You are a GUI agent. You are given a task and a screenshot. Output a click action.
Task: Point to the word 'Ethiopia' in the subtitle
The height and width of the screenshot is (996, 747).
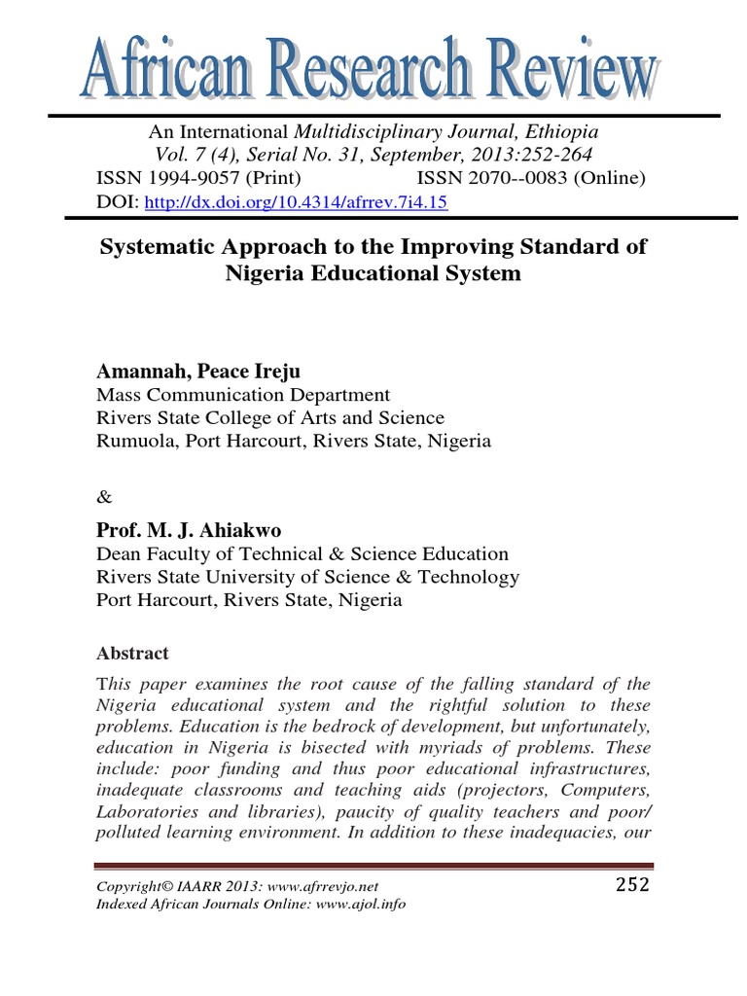coord(563,131)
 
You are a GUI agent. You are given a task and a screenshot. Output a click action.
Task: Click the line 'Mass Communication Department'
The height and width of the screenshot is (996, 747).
coord(243,395)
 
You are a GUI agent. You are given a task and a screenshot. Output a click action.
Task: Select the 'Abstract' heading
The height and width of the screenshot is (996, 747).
coord(132,654)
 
